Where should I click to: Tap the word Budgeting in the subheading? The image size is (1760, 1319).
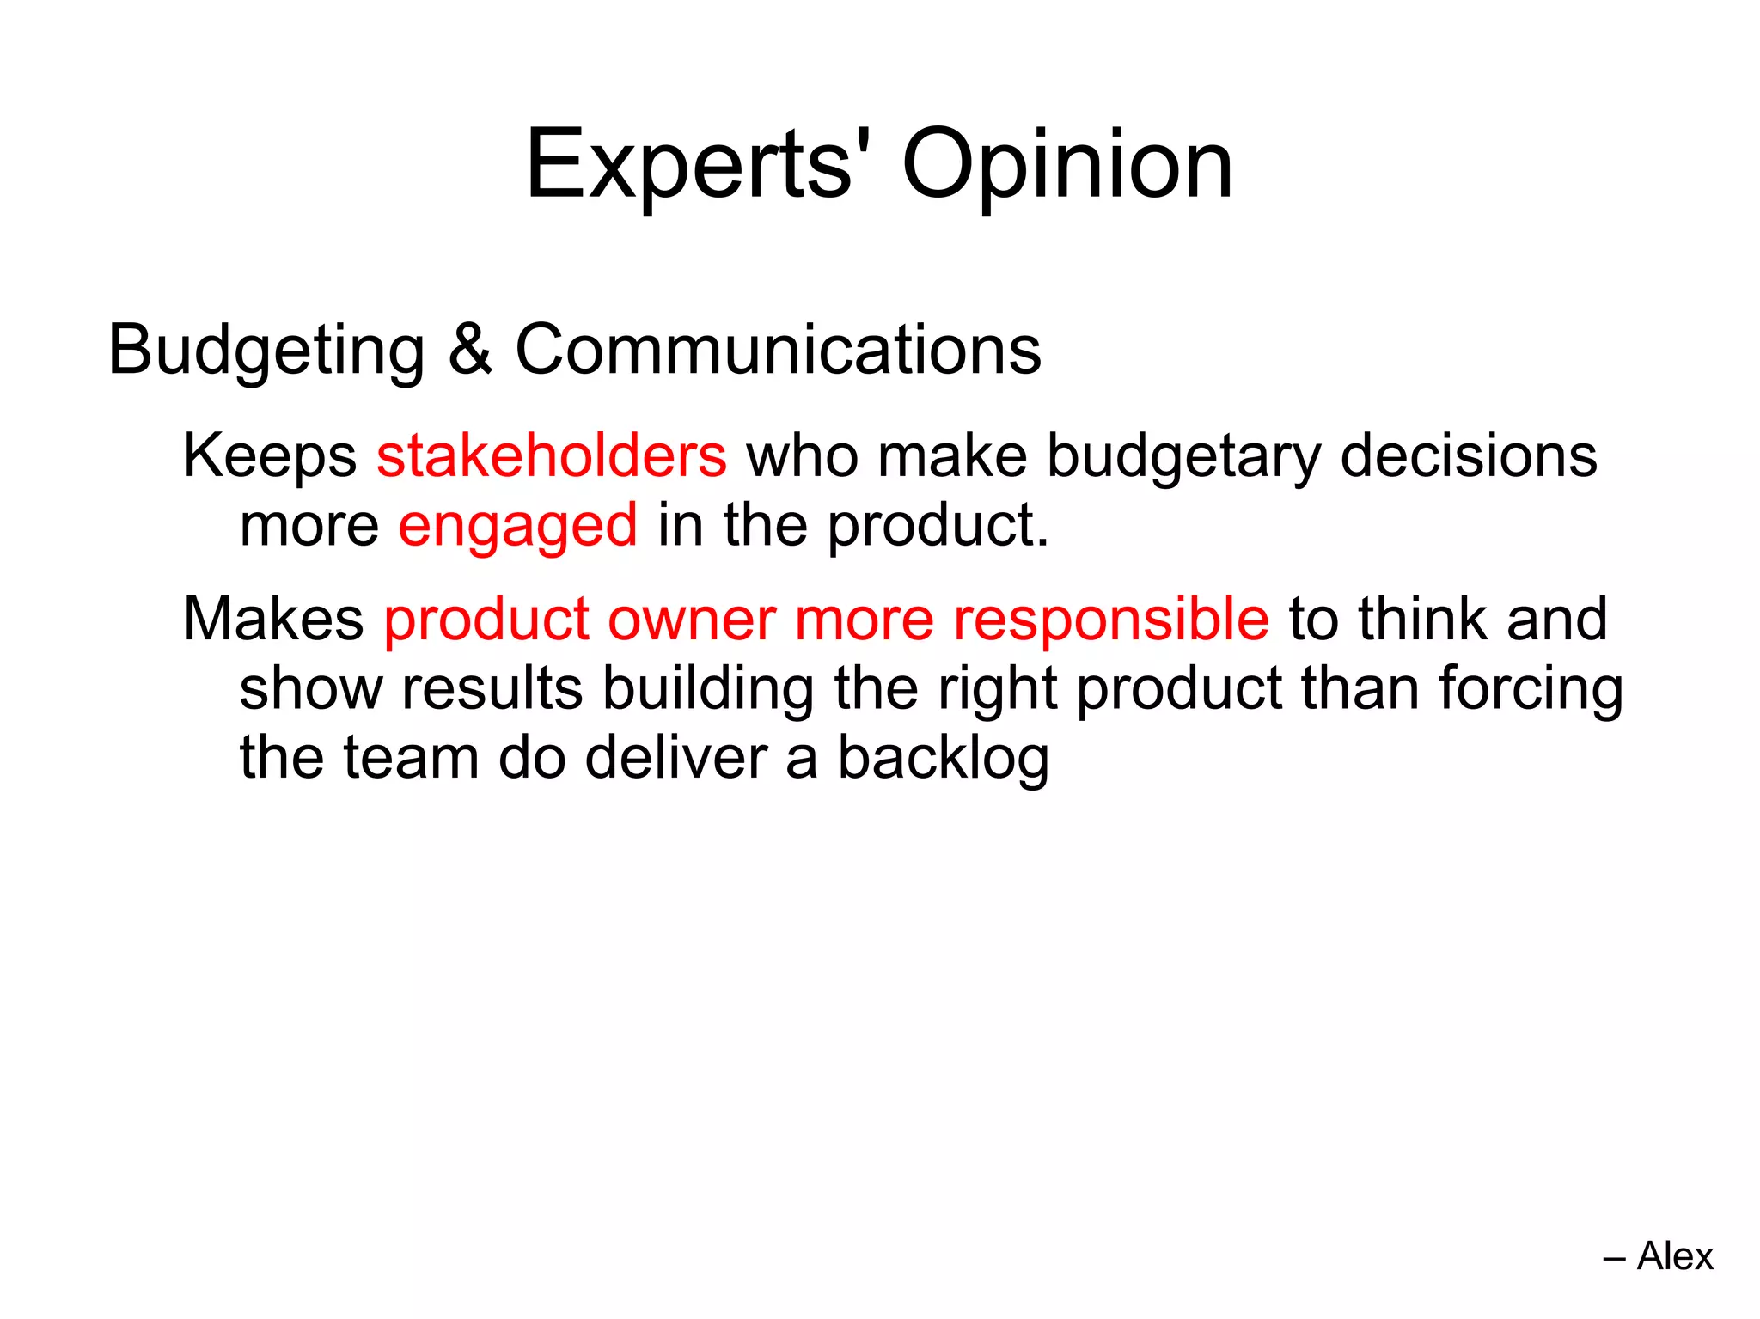pos(266,351)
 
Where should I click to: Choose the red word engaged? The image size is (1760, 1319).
pos(518,526)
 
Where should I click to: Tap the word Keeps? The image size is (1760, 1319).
pos(270,457)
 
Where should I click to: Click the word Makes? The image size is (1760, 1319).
pos(273,619)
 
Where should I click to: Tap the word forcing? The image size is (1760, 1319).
pos(1531,690)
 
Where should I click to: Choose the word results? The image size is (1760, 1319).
pos(492,688)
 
